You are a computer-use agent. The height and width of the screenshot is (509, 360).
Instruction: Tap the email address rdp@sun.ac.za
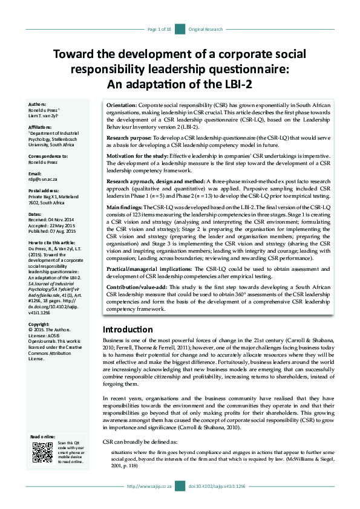tap(43, 179)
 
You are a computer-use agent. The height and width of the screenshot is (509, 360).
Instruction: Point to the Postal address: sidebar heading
tap(45, 190)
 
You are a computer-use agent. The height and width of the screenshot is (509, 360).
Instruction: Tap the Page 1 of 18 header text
tap(160, 29)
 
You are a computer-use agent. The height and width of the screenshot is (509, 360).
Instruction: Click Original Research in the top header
tap(206, 29)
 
